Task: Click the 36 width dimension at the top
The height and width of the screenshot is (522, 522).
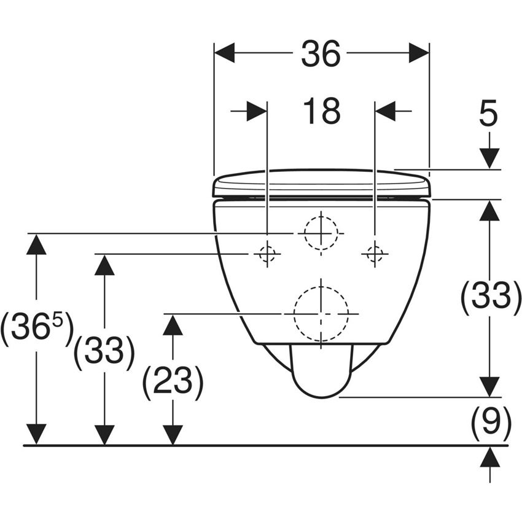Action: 320,55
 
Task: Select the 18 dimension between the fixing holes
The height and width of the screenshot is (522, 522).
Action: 321,111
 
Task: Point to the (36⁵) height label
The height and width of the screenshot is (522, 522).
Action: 37,329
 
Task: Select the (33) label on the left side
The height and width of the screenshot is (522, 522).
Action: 104,352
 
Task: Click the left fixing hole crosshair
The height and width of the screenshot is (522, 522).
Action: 267,254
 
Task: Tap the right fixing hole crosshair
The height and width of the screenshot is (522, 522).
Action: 375,253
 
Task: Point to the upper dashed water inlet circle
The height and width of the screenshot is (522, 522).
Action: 320,233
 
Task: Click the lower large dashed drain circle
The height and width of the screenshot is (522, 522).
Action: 321,313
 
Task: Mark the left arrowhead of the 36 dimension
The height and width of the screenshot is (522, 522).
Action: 224,53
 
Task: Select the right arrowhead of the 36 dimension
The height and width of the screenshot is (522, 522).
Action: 419,53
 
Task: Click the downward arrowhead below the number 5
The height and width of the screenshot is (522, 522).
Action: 489,158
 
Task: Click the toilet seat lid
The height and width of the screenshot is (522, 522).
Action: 321,183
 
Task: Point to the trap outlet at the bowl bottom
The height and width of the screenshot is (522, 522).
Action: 320,372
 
